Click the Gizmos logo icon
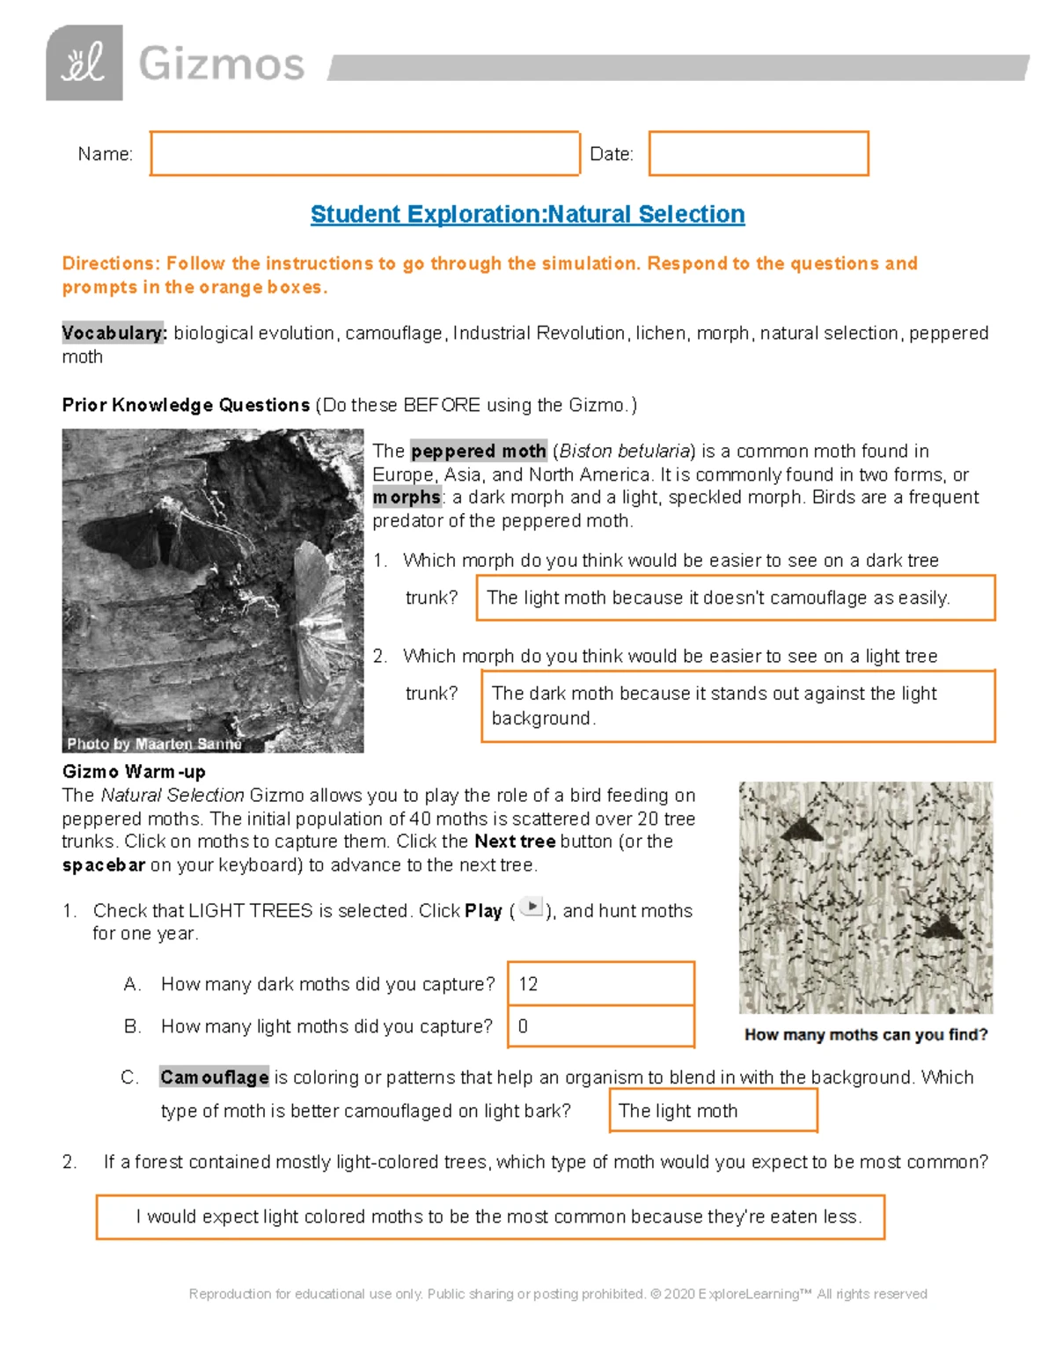84,63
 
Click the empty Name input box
364,154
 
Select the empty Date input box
759,154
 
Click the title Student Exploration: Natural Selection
527,214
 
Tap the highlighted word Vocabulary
114,333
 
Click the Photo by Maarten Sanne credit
154,744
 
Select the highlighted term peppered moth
479,451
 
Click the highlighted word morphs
407,497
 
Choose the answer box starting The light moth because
735,598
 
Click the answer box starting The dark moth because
737,706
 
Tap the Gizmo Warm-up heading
134,772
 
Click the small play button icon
531,907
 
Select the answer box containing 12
601,983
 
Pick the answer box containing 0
601,1026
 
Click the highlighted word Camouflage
214,1077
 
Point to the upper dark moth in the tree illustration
802,827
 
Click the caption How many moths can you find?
866,1034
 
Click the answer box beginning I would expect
490,1216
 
